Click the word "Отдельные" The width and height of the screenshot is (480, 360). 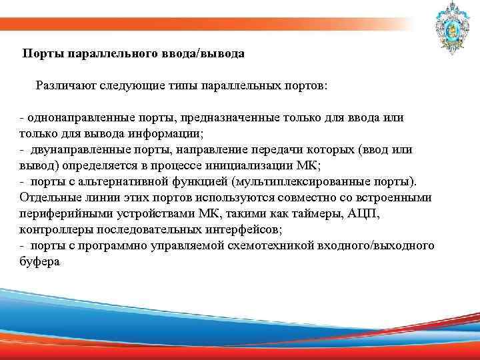[x=49, y=198]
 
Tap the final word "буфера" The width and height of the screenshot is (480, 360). [x=39, y=262]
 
